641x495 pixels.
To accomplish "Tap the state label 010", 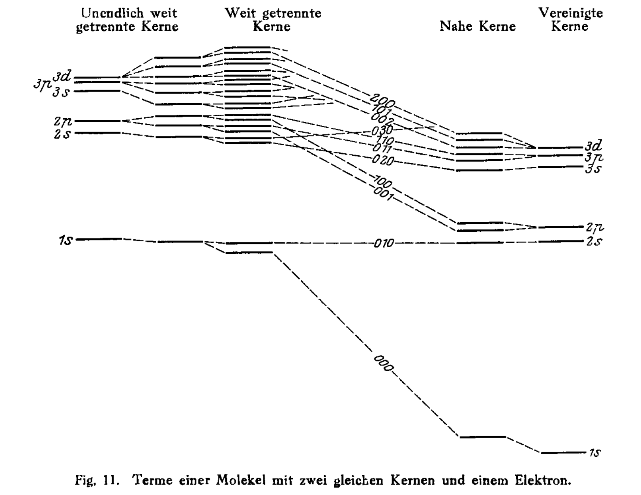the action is click(384, 243).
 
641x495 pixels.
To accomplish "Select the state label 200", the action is click(382, 100).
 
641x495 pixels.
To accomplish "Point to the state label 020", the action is click(383, 160).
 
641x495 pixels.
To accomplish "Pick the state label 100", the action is click(383, 182).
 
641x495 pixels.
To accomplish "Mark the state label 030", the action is click(382, 130).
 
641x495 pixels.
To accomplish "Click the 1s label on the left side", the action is click(66, 240).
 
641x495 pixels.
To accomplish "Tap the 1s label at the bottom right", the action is click(595, 452).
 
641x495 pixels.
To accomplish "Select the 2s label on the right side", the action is click(594, 242).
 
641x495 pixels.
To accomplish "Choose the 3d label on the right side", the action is click(594, 146).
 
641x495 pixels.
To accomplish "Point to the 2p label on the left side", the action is click(63, 121).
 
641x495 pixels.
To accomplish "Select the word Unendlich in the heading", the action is click(112, 13).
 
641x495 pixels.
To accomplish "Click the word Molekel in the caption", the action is click(241, 480).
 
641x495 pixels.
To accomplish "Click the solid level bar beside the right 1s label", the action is click(563, 452).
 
